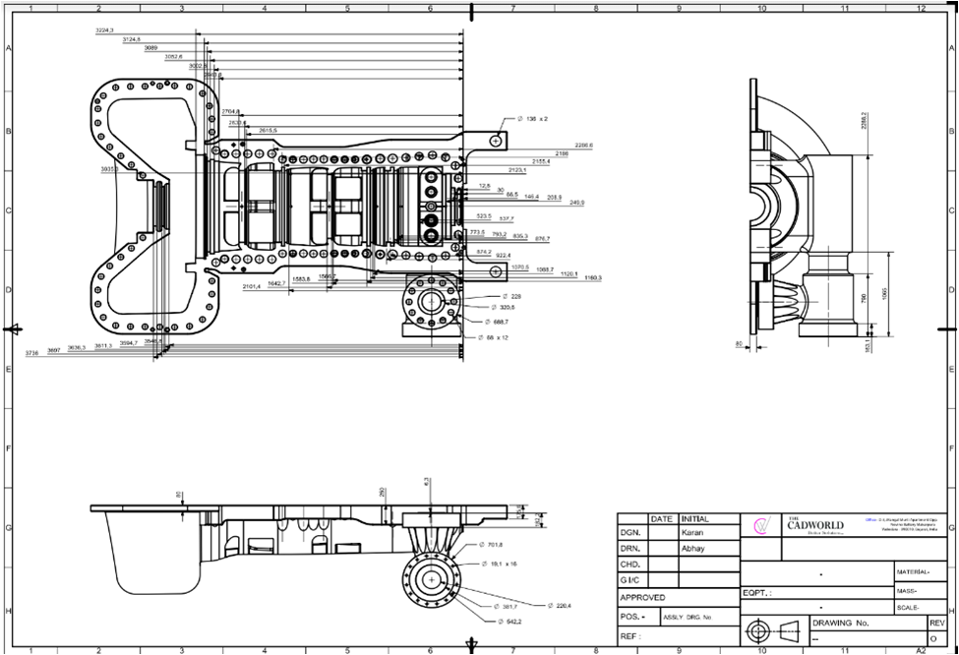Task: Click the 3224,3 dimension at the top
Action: [x=104, y=31]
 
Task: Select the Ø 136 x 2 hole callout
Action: [x=533, y=118]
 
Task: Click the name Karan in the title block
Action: [x=693, y=532]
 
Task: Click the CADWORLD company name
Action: [x=815, y=525]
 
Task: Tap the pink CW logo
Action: [x=760, y=525]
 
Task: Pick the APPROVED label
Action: [x=642, y=597]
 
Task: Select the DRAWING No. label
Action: [x=841, y=624]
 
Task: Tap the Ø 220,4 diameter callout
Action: [x=560, y=605]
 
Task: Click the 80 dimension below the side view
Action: [x=738, y=343]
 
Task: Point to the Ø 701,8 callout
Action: [x=490, y=544]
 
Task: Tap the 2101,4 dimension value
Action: [x=252, y=285]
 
